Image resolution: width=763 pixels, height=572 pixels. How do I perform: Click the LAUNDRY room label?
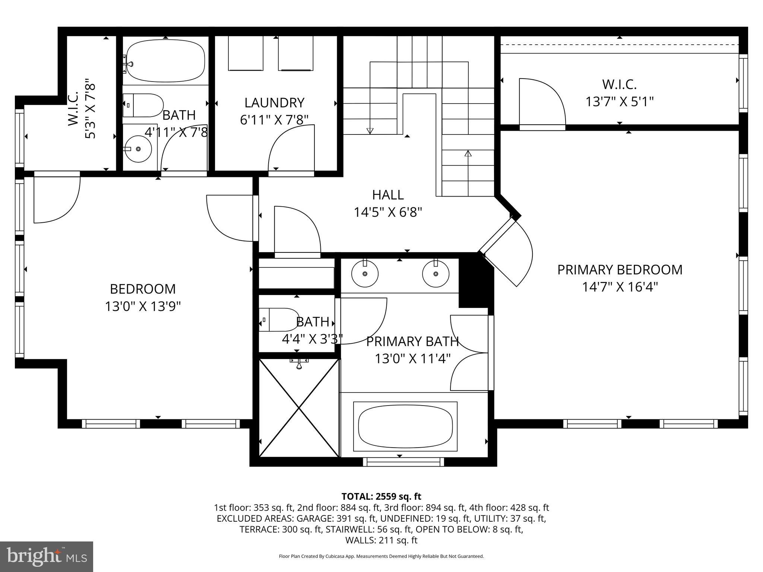tap(274, 103)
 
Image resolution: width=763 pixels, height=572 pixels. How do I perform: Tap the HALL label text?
tap(388, 195)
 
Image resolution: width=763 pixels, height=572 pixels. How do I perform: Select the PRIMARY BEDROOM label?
tap(620, 270)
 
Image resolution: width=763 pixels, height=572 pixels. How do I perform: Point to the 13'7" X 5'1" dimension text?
tap(620, 102)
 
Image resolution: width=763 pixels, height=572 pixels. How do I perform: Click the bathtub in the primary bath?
tap(405, 426)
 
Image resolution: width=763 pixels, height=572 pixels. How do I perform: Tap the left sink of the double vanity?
tap(365, 274)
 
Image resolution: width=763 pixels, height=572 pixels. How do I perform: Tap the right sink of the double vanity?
tap(436, 274)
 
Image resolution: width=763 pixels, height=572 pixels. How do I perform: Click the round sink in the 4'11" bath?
tap(138, 149)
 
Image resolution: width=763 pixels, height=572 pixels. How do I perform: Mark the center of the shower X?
tap(299, 408)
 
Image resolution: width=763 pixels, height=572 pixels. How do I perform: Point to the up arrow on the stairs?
tap(468, 153)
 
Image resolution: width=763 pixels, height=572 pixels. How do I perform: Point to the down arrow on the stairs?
tap(370, 130)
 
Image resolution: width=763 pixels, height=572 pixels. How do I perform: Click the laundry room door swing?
tap(291, 149)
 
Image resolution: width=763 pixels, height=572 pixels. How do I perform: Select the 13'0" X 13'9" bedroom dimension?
tap(143, 306)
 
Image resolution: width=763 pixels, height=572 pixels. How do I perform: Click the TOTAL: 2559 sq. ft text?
tap(381, 496)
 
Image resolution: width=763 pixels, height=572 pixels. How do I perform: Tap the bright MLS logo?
tap(47, 556)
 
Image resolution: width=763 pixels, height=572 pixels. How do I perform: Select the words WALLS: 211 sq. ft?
tap(381, 540)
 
